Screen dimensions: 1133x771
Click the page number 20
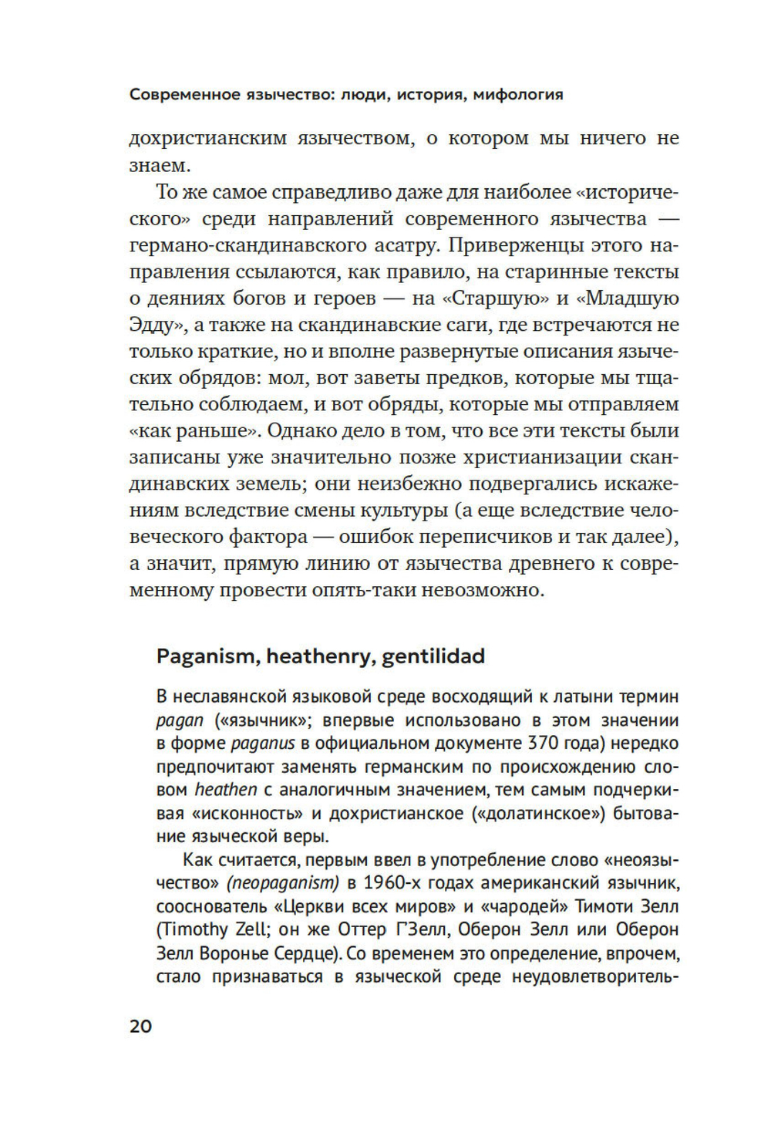tap(141, 1027)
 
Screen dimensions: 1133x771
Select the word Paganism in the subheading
tap(206, 656)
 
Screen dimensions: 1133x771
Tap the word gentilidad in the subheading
tap(433, 656)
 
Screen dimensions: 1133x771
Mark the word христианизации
tap(537, 457)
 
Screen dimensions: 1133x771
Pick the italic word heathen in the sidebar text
tap(226, 791)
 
